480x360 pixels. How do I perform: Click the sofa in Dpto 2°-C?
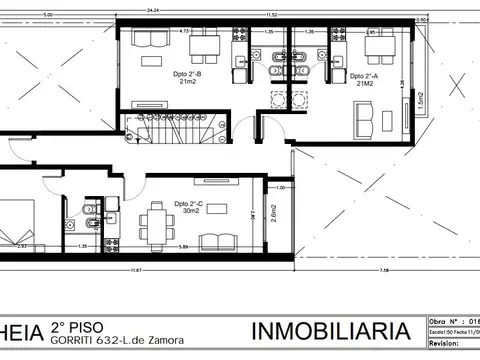click(x=218, y=241)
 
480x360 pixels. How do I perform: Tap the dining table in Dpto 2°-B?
click(x=205, y=44)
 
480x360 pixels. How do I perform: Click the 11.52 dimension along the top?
click(x=271, y=15)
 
